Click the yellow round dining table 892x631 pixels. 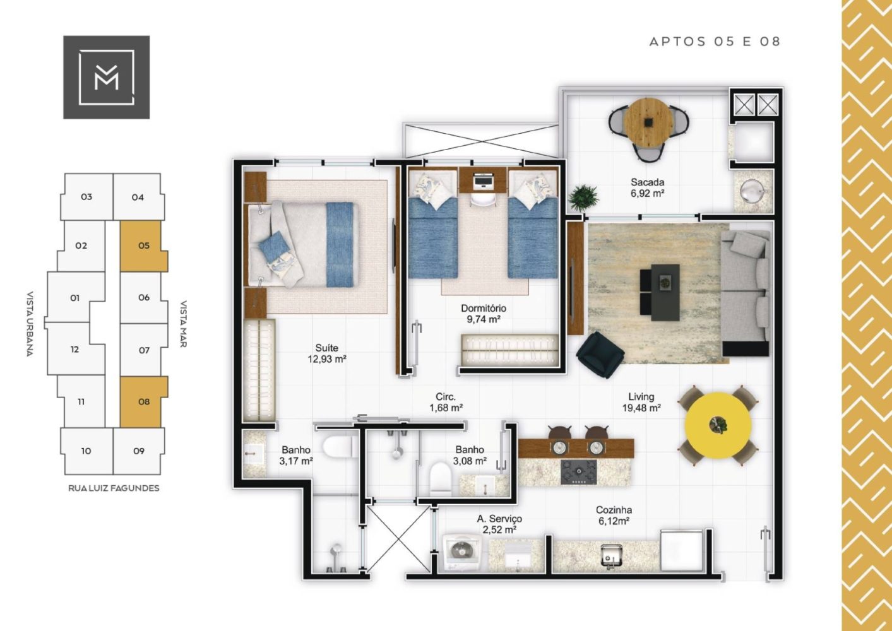(x=718, y=425)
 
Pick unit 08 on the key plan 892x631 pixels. (x=144, y=402)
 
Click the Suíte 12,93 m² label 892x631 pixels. (x=326, y=353)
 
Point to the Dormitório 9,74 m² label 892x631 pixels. (x=484, y=314)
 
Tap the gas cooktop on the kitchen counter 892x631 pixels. (x=579, y=472)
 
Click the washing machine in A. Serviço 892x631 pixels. (x=462, y=553)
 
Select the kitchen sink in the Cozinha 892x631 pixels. (x=611, y=555)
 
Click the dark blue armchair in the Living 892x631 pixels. (x=600, y=355)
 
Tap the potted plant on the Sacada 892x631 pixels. (x=583, y=197)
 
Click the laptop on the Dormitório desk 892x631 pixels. (x=483, y=181)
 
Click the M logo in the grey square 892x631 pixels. (x=107, y=77)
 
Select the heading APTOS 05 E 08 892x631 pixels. (x=715, y=42)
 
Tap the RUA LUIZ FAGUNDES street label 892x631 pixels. (x=114, y=488)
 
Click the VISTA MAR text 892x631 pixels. (x=183, y=324)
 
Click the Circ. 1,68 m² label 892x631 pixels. (x=446, y=402)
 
